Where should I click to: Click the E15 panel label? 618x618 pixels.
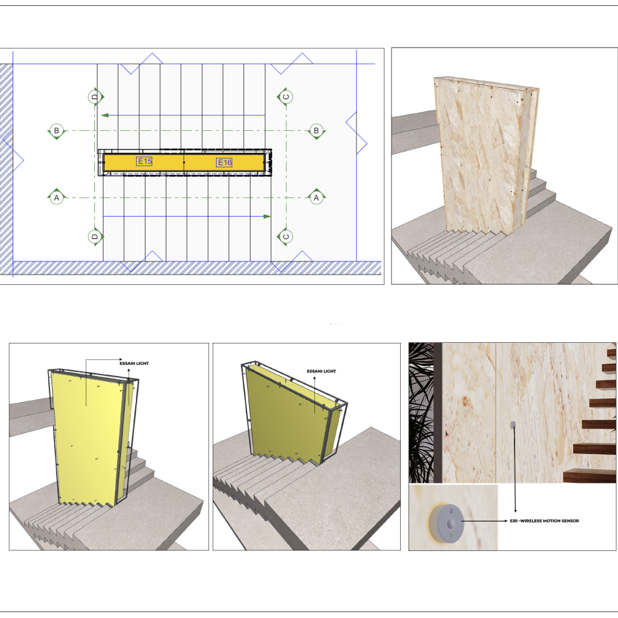(144, 161)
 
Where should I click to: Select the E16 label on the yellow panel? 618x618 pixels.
(224, 163)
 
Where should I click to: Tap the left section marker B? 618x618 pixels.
(57, 131)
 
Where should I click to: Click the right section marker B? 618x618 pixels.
(316, 131)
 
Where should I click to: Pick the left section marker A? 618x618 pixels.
(57, 197)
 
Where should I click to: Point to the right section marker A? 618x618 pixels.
(316, 197)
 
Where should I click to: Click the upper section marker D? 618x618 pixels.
(95, 97)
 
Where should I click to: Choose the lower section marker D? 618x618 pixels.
(95, 237)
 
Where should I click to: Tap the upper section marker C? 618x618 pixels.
(286, 97)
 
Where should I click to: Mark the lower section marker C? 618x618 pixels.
(286, 237)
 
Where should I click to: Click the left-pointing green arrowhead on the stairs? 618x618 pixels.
(105, 116)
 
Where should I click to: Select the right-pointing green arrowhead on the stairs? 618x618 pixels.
(267, 217)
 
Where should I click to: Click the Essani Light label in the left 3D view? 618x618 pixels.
(134, 364)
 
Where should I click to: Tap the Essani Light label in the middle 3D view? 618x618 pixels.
(321, 371)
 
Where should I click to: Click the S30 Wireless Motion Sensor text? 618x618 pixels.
(544, 521)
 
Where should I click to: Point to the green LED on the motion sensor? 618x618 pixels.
(451, 536)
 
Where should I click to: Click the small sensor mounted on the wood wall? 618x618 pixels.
(513, 425)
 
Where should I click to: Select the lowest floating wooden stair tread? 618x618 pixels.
(589, 476)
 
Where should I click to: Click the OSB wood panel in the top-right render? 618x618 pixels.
(485, 155)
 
